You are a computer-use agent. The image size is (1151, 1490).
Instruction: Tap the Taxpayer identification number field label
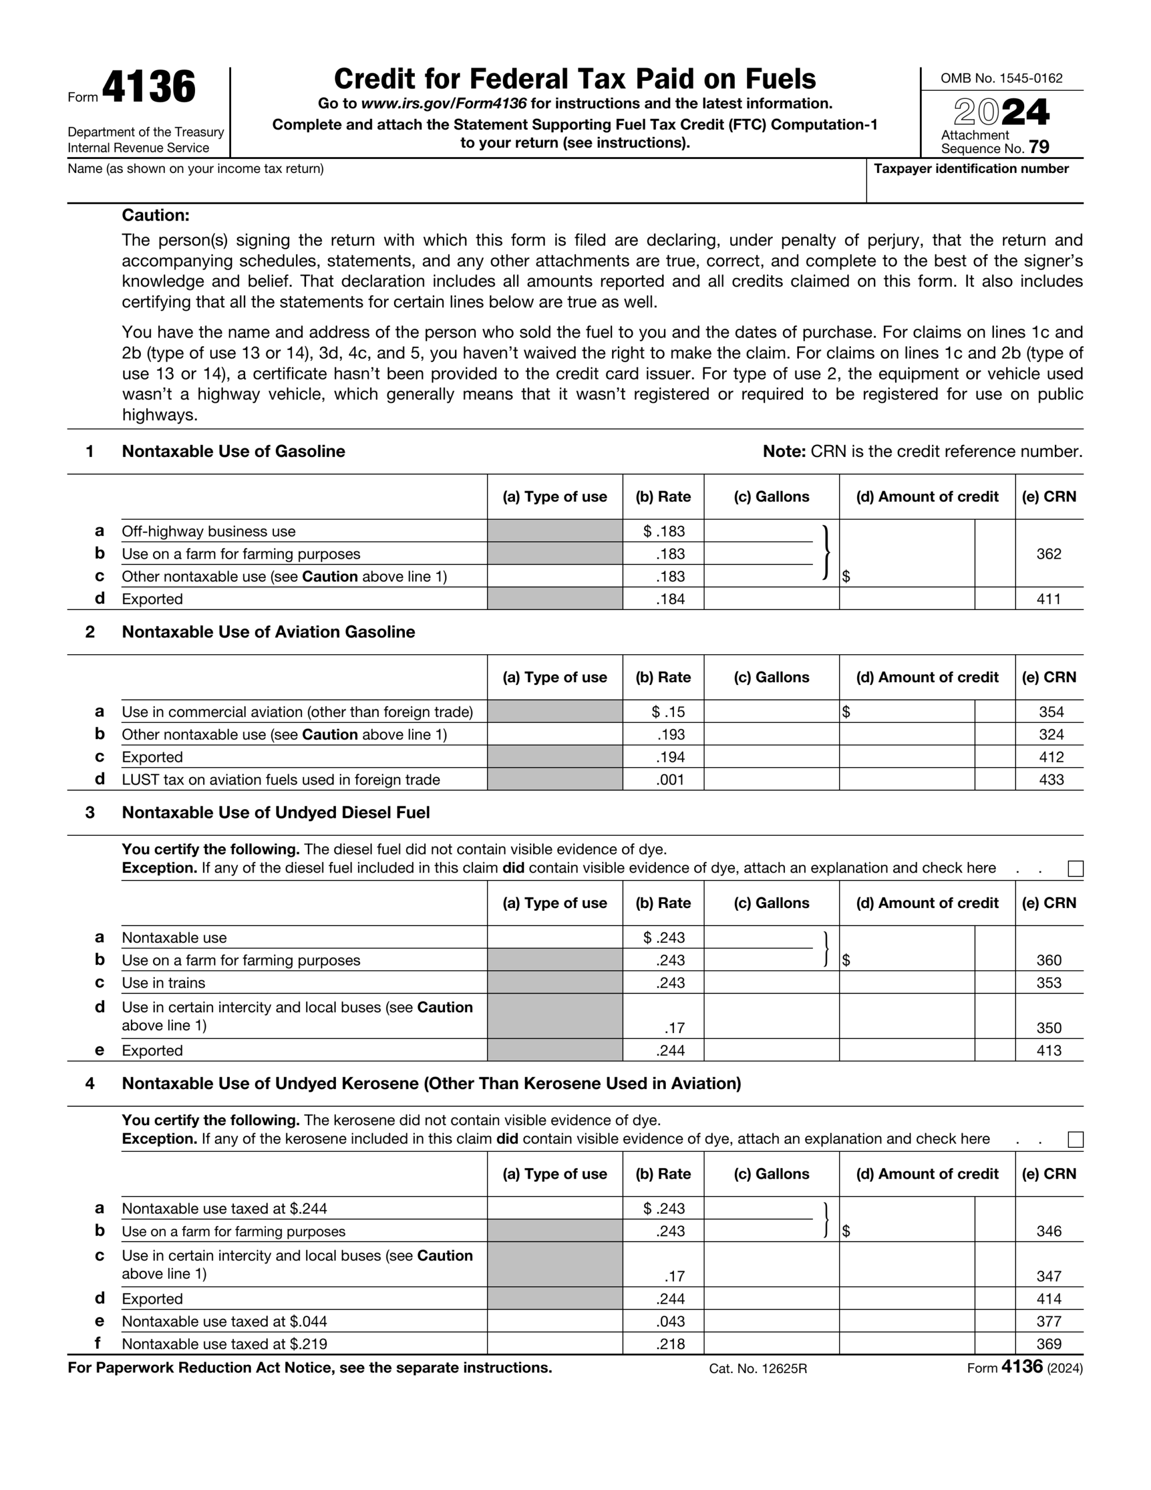click(971, 169)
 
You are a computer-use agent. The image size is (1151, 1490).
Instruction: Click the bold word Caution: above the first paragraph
click(155, 215)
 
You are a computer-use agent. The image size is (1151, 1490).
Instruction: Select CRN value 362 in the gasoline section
click(1048, 554)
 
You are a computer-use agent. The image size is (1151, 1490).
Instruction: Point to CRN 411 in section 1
click(1048, 599)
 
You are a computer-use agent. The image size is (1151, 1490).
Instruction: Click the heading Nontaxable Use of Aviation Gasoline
click(268, 632)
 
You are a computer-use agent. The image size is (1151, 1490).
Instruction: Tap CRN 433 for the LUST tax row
click(1051, 779)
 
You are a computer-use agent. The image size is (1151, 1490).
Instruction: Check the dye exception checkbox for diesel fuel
click(1075, 868)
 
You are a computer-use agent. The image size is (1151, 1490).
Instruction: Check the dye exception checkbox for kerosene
click(1075, 1140)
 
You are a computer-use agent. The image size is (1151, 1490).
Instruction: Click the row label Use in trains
click(163, 982)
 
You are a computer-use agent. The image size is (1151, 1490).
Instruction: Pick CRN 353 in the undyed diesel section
click(1049, 982)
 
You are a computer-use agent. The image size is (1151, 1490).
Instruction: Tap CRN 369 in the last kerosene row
click(1049, 1343)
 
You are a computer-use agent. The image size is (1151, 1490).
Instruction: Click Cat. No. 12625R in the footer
click(757, 1368)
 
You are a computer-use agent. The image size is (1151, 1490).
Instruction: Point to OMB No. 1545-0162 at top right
click(1001, 79)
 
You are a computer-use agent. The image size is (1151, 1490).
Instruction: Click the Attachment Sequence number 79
click(1039, 147)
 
